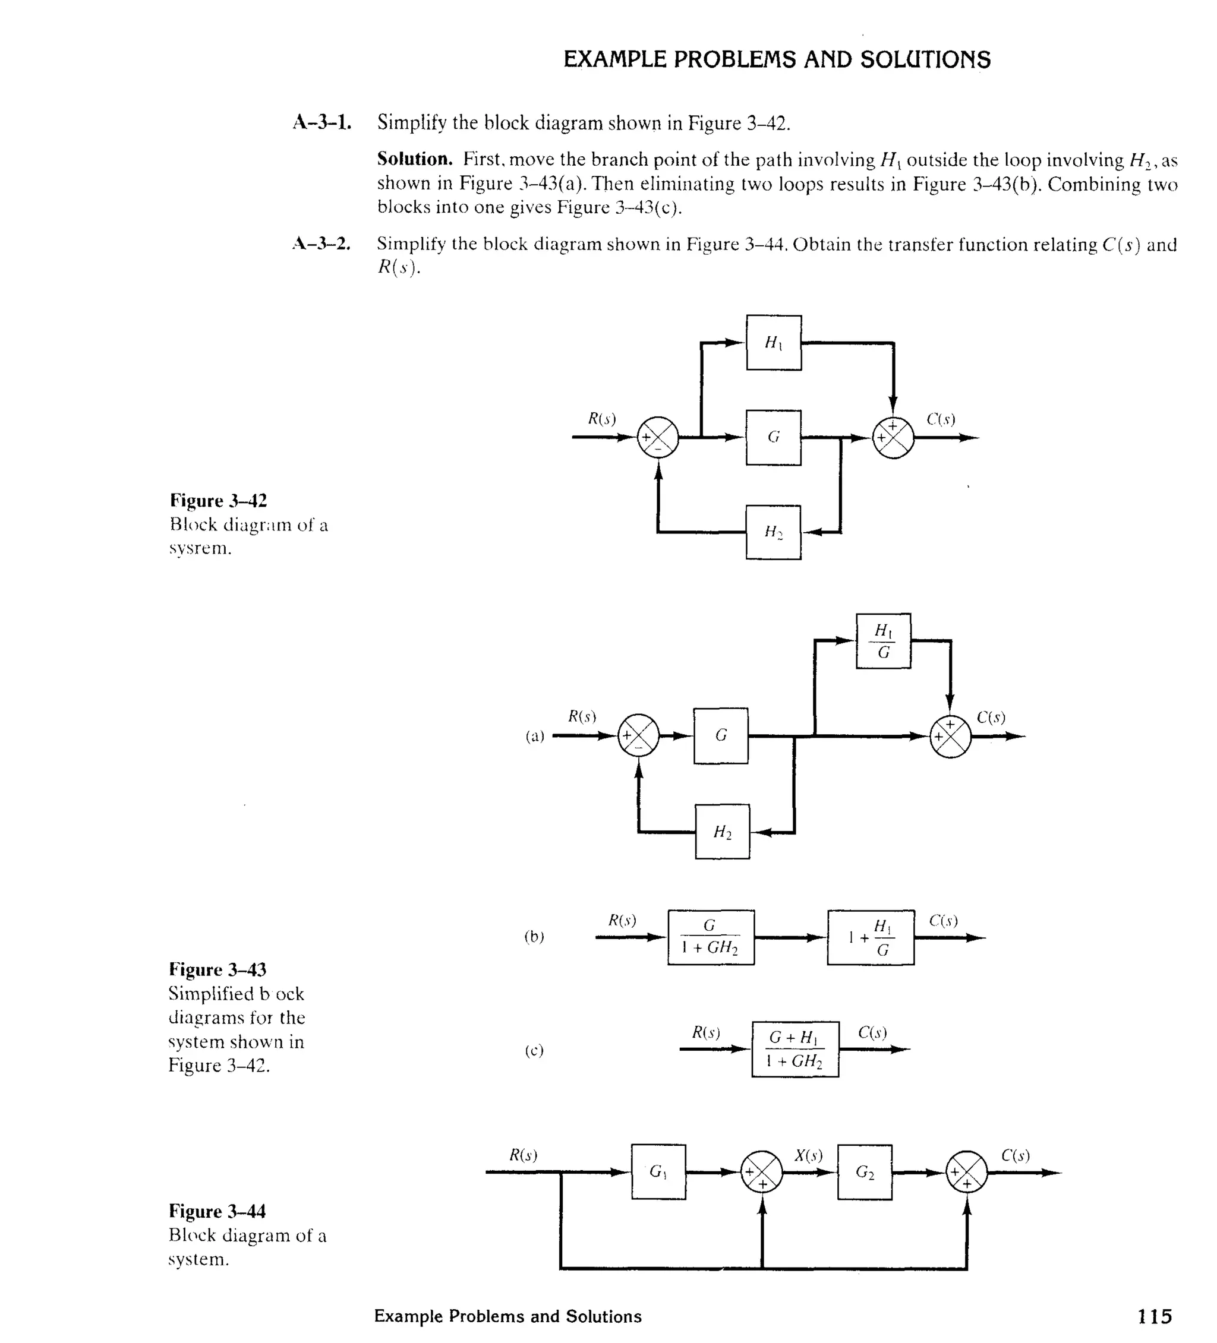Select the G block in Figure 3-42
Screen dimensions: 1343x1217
click(773, 438)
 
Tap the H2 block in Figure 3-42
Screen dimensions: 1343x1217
click(773, 532)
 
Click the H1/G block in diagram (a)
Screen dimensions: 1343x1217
click(883, 641)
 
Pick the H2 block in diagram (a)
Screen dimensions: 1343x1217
click(722, 832)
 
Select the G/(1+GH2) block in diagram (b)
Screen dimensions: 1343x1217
click(711, 937)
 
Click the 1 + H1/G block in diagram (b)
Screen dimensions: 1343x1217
click(871, 937)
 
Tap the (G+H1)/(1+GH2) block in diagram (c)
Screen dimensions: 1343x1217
click(795, 1049)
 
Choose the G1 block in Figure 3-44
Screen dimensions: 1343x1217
click(658, 1172)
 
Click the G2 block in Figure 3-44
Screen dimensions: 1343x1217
click(865, 1172)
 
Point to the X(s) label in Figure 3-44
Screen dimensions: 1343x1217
click(808, 1155)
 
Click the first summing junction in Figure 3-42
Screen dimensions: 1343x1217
click(658, 438)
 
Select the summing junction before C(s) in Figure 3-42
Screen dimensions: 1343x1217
click(893, 438)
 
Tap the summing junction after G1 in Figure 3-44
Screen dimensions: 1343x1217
click(762, 1172)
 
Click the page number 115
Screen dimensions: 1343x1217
click(1155, 1316)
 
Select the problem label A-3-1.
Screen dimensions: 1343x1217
click(322, 122)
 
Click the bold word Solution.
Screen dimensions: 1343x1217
click(415, 159)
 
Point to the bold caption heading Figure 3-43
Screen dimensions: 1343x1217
click(217, 969)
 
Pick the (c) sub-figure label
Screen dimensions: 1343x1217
click(534, 1051)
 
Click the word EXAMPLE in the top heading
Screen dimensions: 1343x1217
click(614, 60)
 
